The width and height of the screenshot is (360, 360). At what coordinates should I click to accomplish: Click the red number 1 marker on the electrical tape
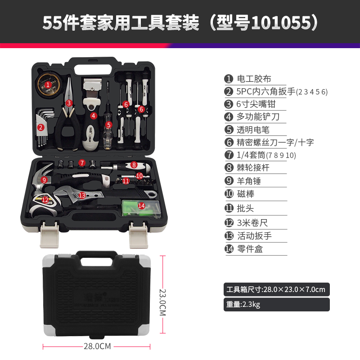tap(48, 85)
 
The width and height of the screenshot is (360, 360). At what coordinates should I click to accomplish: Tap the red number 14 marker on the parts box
tap(141, 206)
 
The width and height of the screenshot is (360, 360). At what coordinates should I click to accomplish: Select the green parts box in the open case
tap(141, 208)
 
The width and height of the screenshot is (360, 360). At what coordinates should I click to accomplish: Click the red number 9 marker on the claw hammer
tap(44, 180)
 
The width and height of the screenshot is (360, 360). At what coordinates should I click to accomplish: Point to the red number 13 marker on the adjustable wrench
tap(82, 195)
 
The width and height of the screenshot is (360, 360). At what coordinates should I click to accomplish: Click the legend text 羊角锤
tap(249, 181)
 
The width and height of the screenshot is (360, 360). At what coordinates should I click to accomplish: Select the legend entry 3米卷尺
tap(252, 223)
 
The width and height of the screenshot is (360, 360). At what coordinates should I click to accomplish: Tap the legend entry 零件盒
tap(250, 249)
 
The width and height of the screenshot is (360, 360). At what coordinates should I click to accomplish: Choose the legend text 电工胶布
tap(254, 79)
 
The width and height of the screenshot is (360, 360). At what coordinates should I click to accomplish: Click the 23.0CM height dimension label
tap(162, 302)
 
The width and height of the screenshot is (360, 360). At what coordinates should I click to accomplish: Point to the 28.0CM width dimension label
tap(97, 346)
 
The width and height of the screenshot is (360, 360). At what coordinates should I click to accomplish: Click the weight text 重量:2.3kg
tap(243, 305)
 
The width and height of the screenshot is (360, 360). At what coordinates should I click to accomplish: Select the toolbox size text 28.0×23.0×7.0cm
tap(294, 289)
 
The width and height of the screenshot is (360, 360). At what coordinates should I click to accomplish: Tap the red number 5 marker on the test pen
tap(108, 125)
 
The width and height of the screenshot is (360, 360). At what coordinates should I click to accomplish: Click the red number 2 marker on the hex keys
tap(41, 127)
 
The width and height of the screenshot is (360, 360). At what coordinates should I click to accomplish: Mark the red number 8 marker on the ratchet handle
tap(134, 165)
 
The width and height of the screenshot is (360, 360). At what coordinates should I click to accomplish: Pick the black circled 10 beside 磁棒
tap(229, 194)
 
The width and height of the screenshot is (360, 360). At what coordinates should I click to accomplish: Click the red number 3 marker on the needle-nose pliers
tap(69, 103)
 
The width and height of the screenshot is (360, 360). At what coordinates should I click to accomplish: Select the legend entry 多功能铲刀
tap(258, 117)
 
